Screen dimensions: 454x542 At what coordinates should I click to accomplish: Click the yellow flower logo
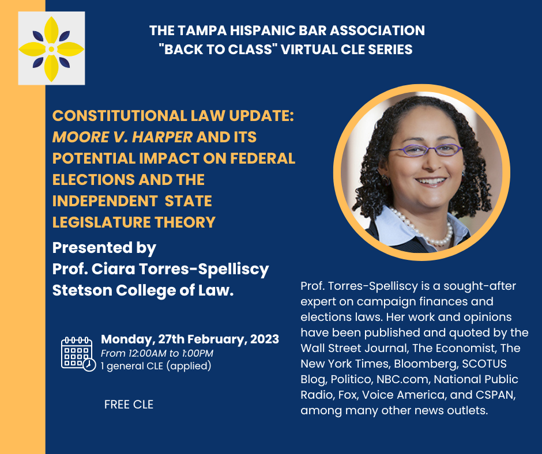[x=51, y=49]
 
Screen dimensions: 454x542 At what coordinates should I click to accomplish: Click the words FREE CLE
[x=129, y=404]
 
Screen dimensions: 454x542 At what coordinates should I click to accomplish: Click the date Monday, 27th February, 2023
[x=190, y=339]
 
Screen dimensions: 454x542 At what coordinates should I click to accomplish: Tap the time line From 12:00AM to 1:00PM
[x=156, y=353]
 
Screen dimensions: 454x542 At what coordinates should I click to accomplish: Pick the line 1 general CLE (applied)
[x=156, y=366]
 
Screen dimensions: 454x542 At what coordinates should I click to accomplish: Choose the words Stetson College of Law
[x=143, y=290]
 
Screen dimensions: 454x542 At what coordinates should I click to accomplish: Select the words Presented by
[x=104, y=248]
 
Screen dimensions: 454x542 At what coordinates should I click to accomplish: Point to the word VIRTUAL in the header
[x=312, y=49]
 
